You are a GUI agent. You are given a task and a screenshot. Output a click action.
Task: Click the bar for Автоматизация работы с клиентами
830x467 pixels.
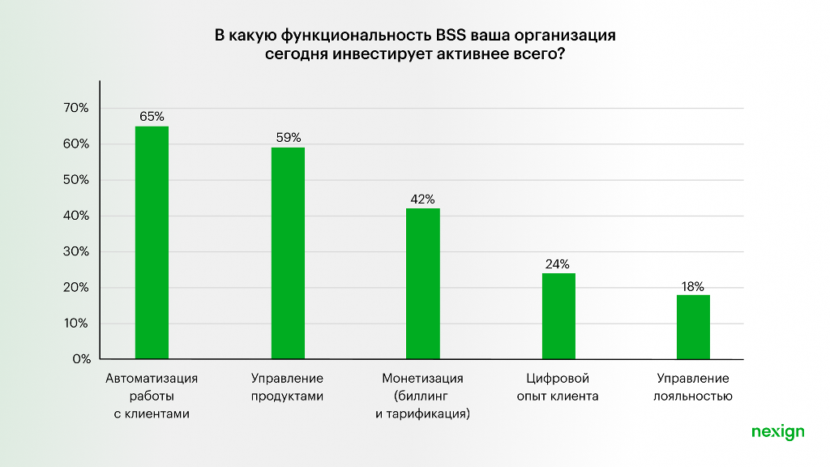click(152, 242)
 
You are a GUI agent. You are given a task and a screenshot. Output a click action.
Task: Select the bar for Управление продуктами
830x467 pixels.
click(288, 253)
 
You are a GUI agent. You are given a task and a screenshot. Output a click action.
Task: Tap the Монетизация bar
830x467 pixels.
click(422, 284)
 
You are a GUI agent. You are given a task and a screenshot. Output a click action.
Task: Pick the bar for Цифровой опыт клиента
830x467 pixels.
click(558, 316)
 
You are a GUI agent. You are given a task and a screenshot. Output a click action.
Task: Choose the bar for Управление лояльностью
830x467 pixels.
click(693, 327)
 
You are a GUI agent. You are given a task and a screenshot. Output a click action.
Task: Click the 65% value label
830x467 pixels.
click(152, 116)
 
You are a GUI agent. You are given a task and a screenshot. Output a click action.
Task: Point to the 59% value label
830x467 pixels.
click(288, 137)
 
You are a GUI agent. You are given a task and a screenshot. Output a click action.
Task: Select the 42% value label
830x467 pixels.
click(422, 199)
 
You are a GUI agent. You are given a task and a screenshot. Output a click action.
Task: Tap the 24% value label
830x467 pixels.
click(558, 263)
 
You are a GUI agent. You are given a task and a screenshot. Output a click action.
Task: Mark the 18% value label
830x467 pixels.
click(693, 285)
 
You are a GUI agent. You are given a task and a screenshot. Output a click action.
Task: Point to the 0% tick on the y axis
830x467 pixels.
click(79, 358)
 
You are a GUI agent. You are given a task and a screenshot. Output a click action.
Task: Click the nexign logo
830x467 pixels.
click(777, 432)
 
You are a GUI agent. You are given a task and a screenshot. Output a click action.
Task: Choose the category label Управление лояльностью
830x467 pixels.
click(693, 388)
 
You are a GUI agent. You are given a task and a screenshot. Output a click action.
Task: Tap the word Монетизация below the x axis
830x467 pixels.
click(422, 379)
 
